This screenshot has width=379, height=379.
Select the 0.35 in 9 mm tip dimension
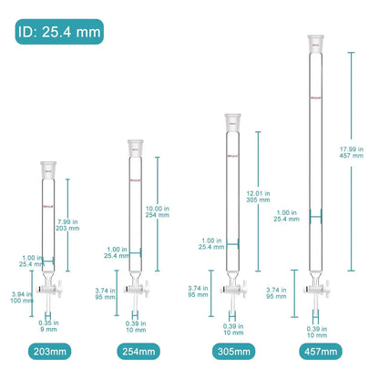tap(48, 325)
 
